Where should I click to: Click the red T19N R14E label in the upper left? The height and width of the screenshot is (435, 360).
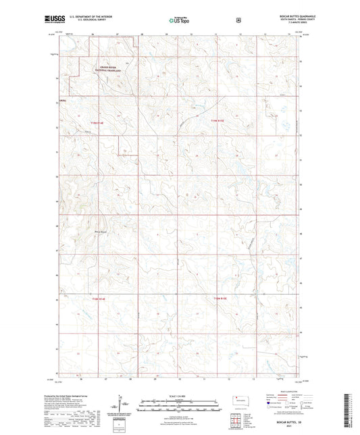98,122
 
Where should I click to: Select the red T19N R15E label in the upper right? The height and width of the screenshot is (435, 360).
216,121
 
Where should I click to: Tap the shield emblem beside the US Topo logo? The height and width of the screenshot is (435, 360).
238,20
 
